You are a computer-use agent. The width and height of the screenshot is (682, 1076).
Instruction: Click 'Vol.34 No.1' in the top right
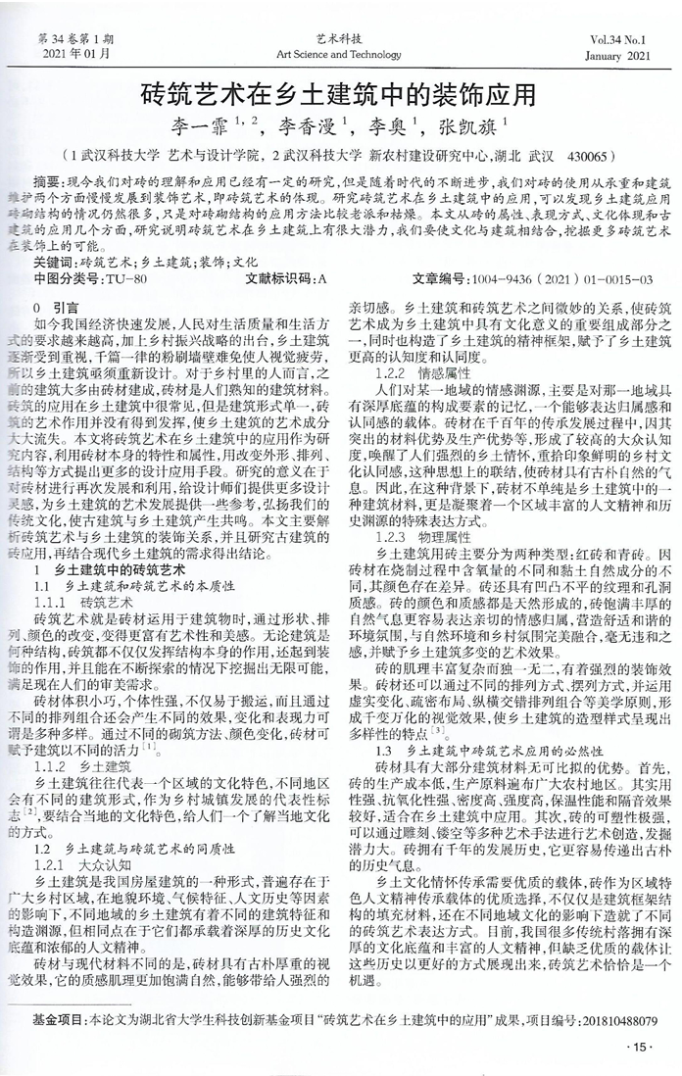619,39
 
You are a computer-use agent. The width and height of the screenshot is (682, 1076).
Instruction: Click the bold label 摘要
46,184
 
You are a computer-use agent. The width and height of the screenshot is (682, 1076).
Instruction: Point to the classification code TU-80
127,279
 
